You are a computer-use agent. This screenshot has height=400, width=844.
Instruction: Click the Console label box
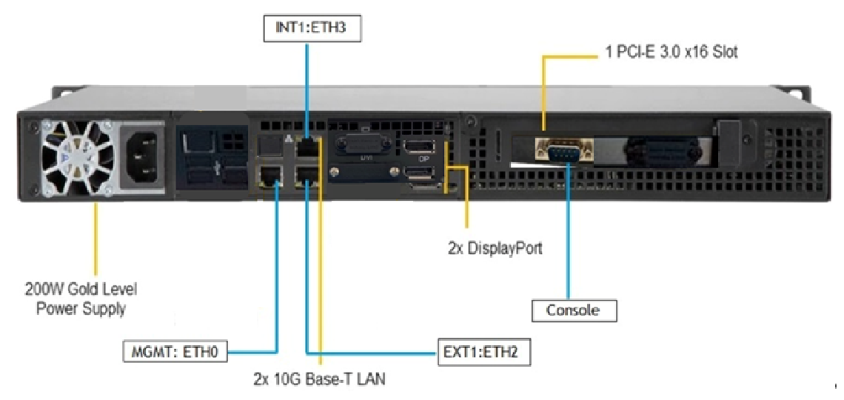click(573, 310)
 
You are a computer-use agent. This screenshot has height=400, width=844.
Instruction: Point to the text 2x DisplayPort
click(495, 248)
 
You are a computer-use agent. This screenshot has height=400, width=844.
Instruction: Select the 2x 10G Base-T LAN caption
click(319, 379)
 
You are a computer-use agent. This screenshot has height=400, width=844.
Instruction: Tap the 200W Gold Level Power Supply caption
click(81, 299)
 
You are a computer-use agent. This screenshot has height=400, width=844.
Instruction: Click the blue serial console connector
click(565, 153)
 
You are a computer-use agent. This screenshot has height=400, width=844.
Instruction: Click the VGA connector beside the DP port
click(363, 145)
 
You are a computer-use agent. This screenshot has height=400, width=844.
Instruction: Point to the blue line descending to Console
click(569, 237)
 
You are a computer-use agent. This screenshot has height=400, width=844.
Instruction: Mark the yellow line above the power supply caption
click(95, 237)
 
